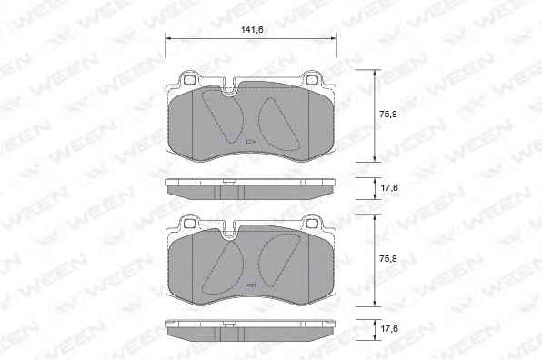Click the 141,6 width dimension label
[252, 30]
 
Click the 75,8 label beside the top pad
[387, 114]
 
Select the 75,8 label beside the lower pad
[387, 259]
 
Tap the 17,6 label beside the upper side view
[389, 188]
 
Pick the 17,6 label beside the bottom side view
[389, 328]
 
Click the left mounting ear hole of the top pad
[189, 79]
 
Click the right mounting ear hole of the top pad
[312, 80]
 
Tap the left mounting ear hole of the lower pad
[189, 224]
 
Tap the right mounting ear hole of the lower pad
[312, 224]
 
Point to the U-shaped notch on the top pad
[228, 91]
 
